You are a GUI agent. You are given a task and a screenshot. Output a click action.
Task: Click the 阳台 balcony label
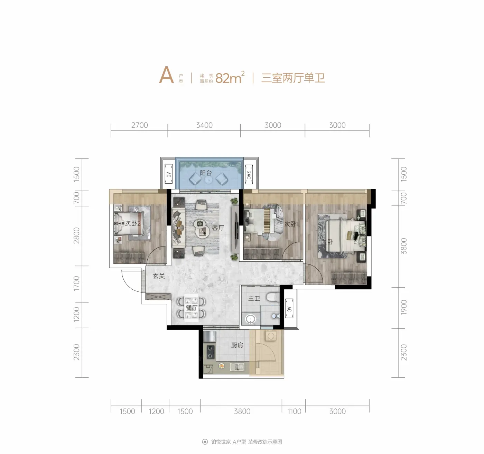(206, 173)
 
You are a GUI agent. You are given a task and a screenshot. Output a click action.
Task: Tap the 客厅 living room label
(218, 228)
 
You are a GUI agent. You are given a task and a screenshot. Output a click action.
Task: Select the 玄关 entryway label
(159, 276)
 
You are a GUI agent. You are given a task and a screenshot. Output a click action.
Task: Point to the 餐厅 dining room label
(192, 308)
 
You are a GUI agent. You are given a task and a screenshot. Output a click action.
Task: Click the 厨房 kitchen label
(237, 345)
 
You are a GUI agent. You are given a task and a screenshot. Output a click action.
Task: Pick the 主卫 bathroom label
(254, 298)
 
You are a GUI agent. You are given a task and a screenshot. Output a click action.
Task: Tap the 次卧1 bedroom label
(291, 224)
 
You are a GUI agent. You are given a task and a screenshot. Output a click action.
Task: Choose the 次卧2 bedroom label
(133, 223)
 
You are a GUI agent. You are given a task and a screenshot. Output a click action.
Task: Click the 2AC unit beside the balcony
(249, 175)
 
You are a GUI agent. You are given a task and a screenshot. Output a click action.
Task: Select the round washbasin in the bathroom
(250, 319)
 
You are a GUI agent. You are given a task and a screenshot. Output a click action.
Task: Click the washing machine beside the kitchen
(271, 336)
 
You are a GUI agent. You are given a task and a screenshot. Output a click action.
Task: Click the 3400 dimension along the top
(204, 125)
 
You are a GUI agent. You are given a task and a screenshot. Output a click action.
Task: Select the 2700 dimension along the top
(139, 125)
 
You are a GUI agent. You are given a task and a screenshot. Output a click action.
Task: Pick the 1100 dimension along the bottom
(294, 411)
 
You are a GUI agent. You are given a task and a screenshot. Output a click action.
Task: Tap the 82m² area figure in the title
(230, 77)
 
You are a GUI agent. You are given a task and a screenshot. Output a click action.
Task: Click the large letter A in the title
(166, 75)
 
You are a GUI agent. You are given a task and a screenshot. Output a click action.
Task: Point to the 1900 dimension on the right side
(403, 307)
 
